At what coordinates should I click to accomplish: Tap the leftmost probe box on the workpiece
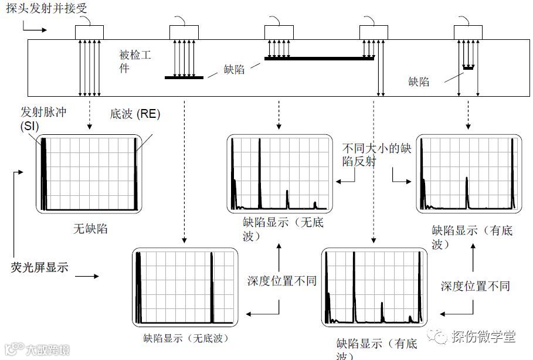pyautogui.click(x=89, y=32)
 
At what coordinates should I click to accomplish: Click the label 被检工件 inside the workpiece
pyautogui.click(x=135, y=62)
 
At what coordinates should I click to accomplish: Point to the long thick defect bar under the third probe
pyautogui.click(x=320, y=59)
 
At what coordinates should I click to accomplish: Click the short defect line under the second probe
pyautogui.click(x=184, y=77)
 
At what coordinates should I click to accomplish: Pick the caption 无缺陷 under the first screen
pyautogui.click(x=90, y=228)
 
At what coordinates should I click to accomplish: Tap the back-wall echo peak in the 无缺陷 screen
pyautogui.click(x=135, y=176)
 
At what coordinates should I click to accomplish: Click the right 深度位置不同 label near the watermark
pyautogui.click(x=475, y=286)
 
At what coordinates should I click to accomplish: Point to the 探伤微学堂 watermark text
pyautogui.click(x=483, y=337)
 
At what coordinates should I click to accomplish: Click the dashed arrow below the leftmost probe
pyautogui.click(x=89, y=114)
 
